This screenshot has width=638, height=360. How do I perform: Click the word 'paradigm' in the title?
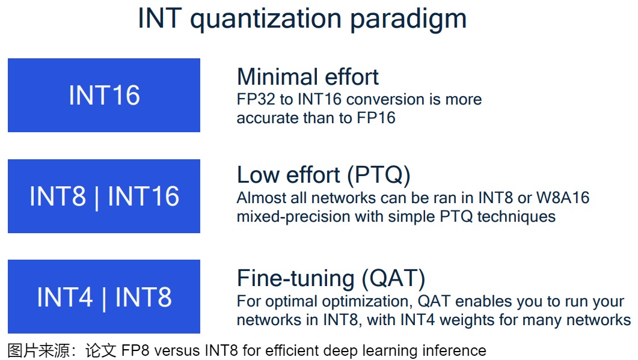(408, 19)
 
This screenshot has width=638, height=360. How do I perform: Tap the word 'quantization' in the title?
(266, 19)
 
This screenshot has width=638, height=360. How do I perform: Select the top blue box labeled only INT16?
(104, 95)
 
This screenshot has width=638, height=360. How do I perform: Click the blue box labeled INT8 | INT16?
(104, 196)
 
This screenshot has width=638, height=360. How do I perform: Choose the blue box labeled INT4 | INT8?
(104, 296)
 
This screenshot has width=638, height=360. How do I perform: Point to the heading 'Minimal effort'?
(308, 76)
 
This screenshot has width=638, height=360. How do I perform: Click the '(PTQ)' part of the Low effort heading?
(378, 175)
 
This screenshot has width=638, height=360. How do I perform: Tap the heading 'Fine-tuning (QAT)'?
(331, 279)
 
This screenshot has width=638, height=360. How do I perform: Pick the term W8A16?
(563, 198)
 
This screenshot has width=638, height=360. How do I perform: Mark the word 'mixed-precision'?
(293, 217)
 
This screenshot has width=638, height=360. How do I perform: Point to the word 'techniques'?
(516, 217)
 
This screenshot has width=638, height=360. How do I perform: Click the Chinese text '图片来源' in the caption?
(38, 350)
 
